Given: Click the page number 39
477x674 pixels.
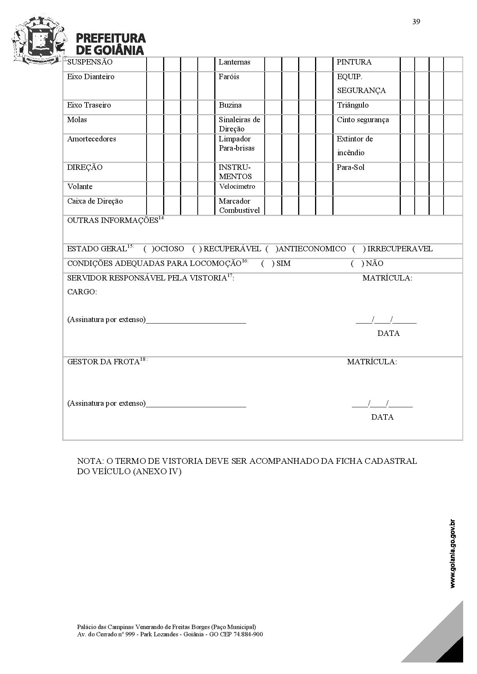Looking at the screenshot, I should pyautogui.click(x=416, y=22).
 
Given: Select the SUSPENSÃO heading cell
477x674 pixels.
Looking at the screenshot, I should pyautogui.click(x=90, y=62).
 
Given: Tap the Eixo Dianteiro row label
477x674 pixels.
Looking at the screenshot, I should pyautogui.click(x=90, y=77).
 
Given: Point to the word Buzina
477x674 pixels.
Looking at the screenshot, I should pyautogui.click(x=230, y=105).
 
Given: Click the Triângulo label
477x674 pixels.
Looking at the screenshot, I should pyautogui.click(x=352, y=105).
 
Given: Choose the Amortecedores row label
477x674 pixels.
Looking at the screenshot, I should pyautogui.click(x=92, y=139).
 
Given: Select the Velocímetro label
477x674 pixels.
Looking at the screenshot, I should pyautogui.click(x=237, y=187).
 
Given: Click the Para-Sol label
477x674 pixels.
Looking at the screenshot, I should pyautogui.click(x=350, y=168).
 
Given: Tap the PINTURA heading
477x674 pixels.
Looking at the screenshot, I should pyautogui.click(x=354, y=62).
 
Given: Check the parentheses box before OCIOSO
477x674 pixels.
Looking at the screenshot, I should pyautogui.click(x=149, y=249).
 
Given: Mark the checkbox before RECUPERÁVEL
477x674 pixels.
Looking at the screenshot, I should pyautogui.click(x=197, y=249).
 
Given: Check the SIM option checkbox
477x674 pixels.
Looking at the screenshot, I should pyautogui.click(x=268, y=264).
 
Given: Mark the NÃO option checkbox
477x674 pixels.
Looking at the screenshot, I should pyautogui.click(x=357, y=264).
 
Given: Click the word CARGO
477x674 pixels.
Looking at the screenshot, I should pyautogui.click(x=82, y=292).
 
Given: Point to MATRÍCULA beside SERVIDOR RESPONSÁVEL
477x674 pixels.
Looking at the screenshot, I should pyautogui.click(x=387, y=278).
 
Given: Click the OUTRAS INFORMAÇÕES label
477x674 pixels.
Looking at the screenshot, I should pyautogui.click(x=113, y=221).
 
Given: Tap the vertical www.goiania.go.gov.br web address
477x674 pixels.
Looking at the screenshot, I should pyautogui.click(x=452, y=553).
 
